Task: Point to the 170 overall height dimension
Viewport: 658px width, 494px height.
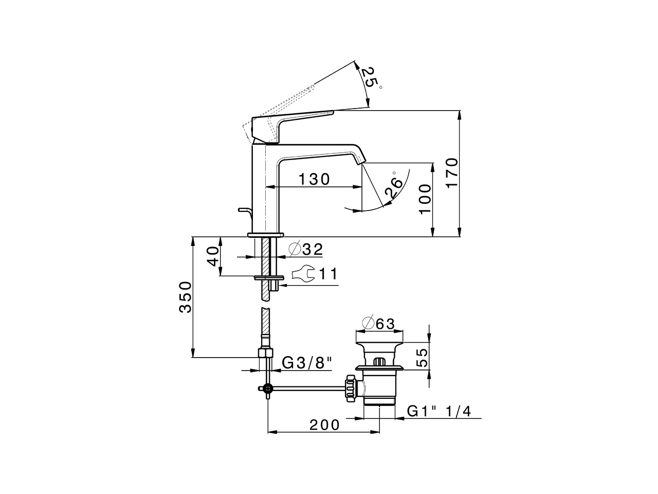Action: (451, 173)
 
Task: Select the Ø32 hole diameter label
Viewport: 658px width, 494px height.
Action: (306, 250)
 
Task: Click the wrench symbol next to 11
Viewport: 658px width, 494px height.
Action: (302, 274)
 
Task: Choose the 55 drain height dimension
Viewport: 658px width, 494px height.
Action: (422, 356)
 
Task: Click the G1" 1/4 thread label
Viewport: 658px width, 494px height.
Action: (443, 411)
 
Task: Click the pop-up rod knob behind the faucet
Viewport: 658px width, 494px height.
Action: (243, 209)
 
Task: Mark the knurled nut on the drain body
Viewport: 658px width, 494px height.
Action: (352, 389)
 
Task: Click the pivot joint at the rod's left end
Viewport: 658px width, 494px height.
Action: (267, 389)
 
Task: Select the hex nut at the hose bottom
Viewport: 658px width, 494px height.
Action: (265, 353)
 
